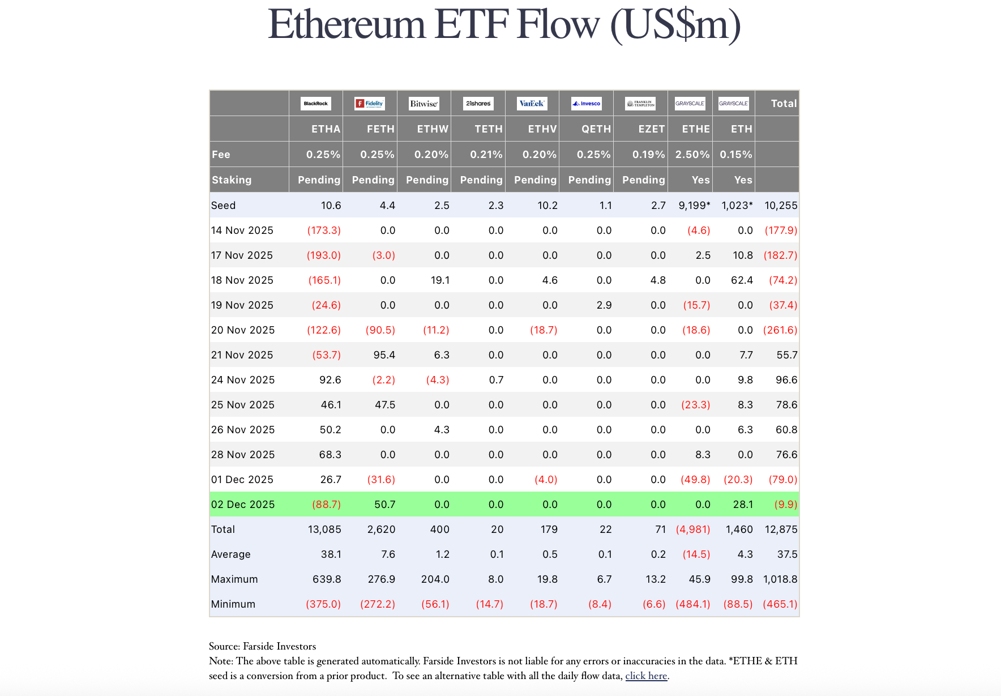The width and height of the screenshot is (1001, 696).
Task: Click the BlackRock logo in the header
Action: point(316,104)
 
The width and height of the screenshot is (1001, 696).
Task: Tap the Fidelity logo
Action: point(370,104)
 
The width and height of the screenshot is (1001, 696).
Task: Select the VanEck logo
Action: point(532,104)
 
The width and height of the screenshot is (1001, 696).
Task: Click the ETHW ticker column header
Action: point(433,129)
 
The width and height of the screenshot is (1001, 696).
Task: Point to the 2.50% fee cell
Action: point(692,155)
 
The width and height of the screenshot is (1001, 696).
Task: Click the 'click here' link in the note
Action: point(646,676)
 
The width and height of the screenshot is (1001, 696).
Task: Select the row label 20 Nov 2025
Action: point(243,330)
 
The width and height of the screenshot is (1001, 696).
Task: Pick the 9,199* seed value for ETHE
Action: point(694,206)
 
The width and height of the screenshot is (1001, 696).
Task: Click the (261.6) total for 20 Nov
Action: point(780,330)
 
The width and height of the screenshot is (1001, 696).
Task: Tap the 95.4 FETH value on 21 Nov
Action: point(384,355)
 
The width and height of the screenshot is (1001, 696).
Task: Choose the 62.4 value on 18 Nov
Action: point(742,280)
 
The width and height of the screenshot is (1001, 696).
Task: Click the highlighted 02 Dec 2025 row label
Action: point(243,505)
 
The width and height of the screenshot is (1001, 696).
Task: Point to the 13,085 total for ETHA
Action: point(324,530)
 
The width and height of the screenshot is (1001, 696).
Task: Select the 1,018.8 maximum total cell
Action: point(780,579)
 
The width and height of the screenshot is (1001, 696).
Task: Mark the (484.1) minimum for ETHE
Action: point(693,604)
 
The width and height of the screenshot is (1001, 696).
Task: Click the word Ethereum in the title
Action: point(346,25)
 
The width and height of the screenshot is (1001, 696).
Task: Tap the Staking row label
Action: point(232,180)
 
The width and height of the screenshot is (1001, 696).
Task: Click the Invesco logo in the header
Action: point(586,104)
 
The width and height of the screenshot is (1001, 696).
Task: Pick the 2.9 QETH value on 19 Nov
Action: point(604,305)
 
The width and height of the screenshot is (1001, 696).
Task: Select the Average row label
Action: point(231,554)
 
